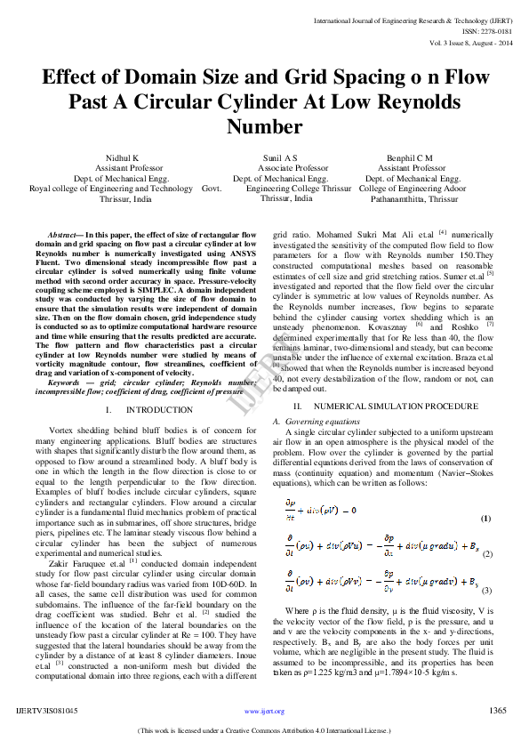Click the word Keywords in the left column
pyautogui.click(x=68, y=382)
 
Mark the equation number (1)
pyautogui.click(x=485, y=519)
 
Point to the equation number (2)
pyautogui.click(x=487, y=554)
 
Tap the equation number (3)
pyautogui.click(x=487, y=591)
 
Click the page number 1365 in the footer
pyautogui.click(x=498, y=711)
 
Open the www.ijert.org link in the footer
pyautogui.click(x=264, y=712)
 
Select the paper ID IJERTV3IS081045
pyautogui.click(x=47, y=711)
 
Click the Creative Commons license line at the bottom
pyautogui.click(x=264, y=731)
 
